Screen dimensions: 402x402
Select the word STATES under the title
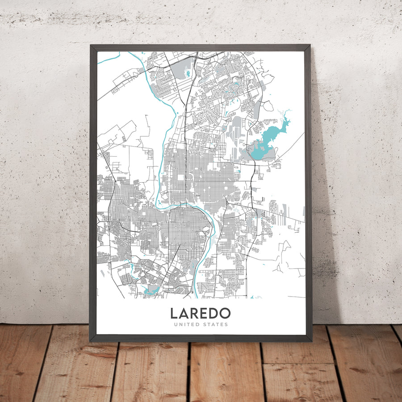click(218, 324)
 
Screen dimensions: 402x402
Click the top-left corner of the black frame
click(90, 45)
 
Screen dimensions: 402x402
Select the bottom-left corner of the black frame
click(90, 341)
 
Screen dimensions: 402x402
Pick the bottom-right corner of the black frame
click(311, 341)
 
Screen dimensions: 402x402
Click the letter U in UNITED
click(176, 324)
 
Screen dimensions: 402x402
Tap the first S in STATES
click(208, 324)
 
